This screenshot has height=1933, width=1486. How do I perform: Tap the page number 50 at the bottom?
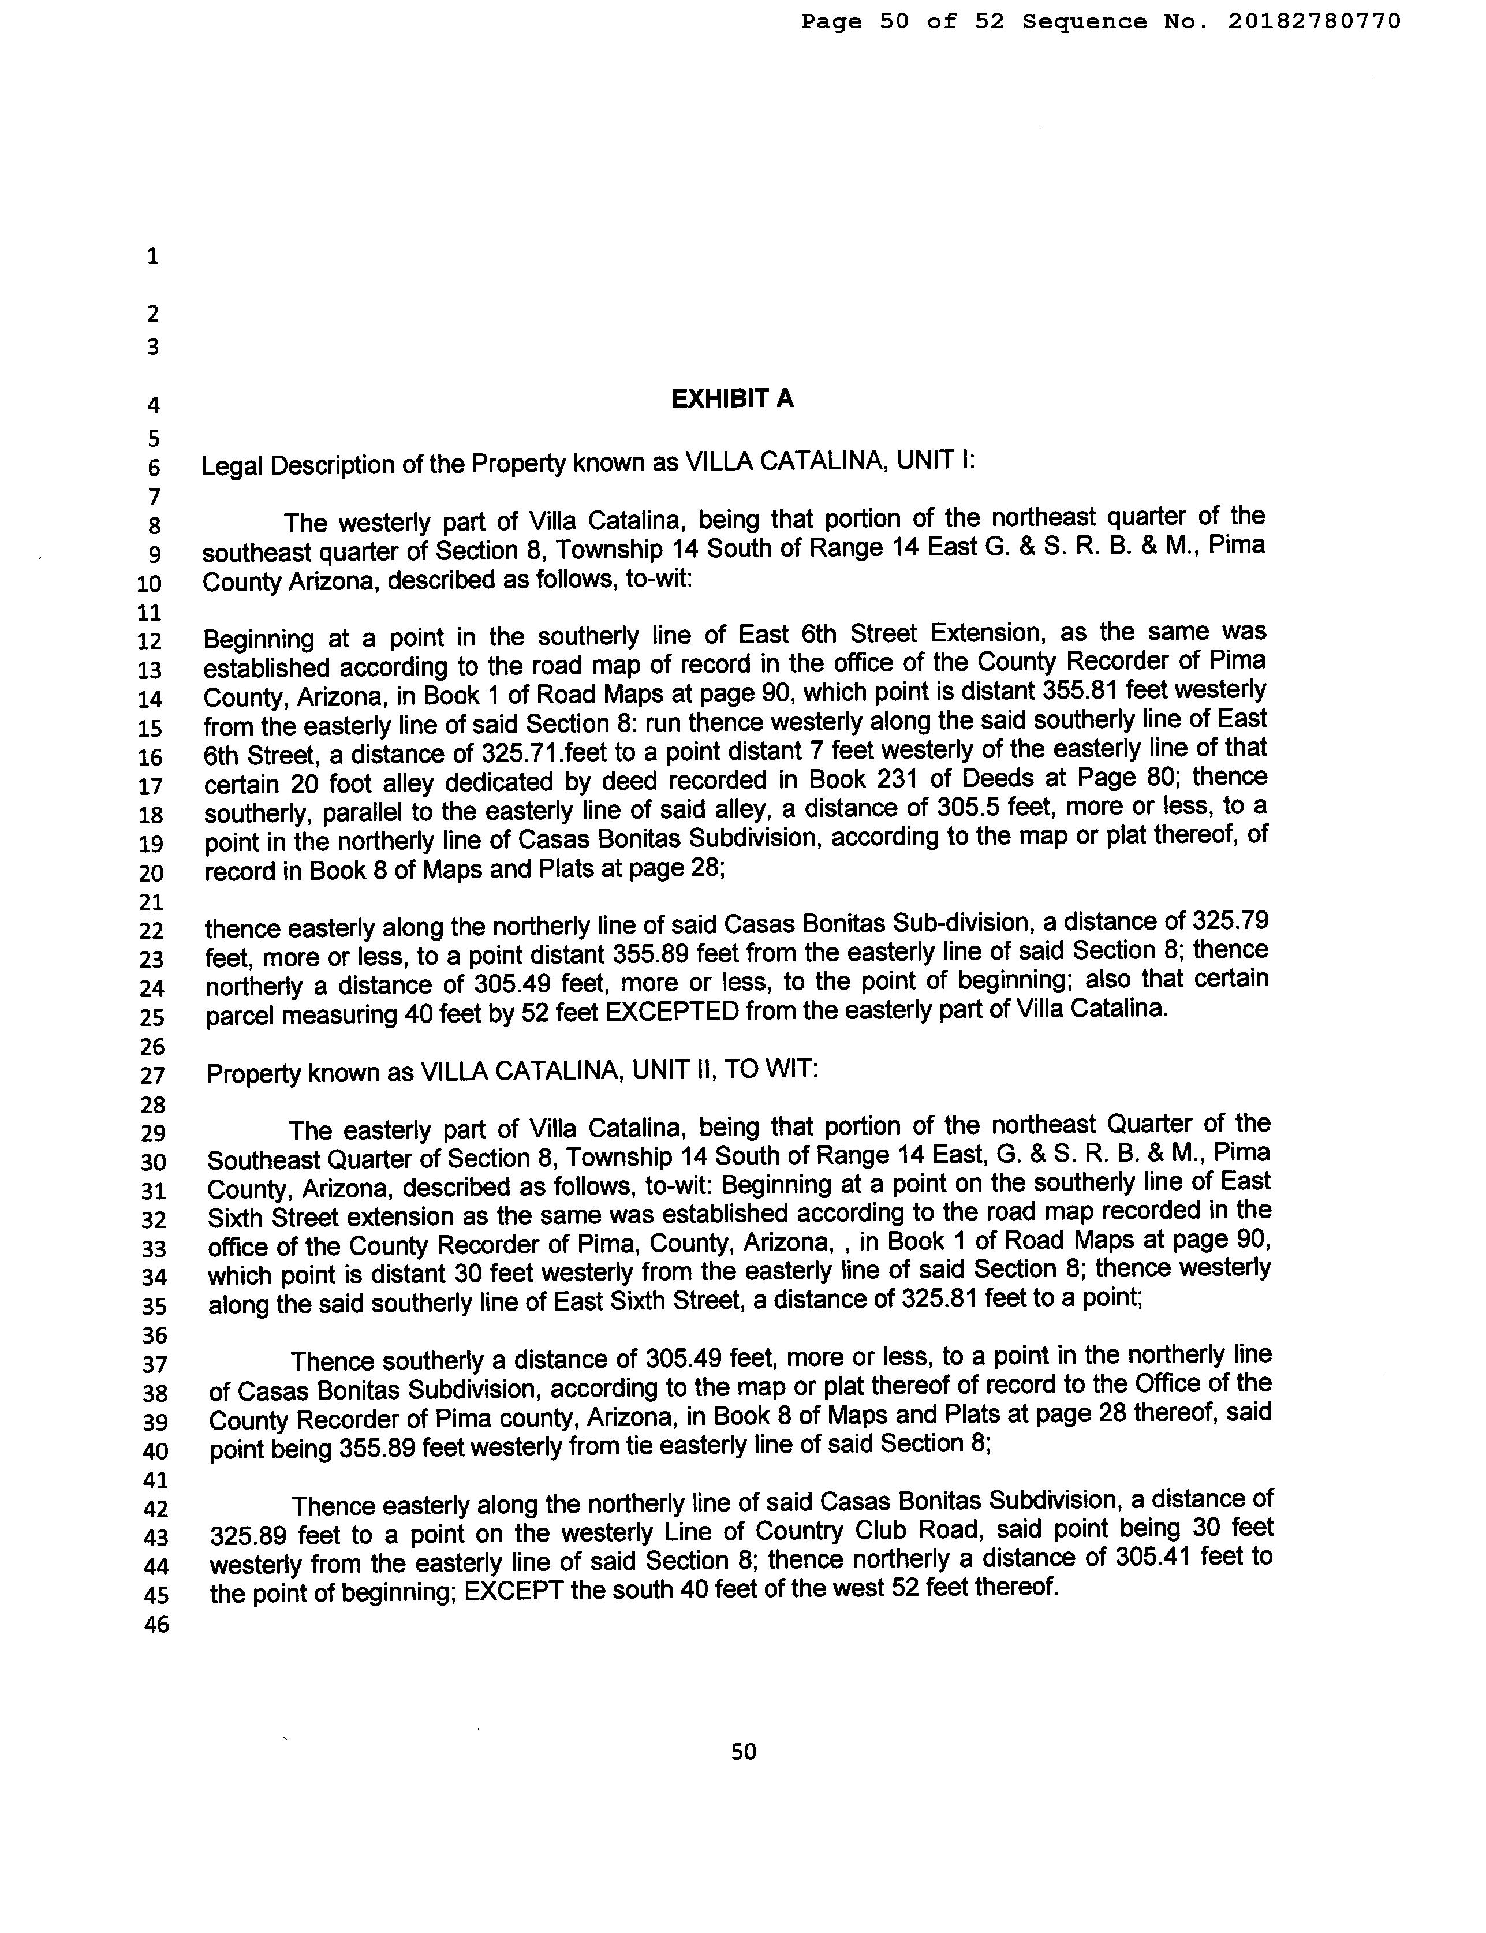(744, 1751)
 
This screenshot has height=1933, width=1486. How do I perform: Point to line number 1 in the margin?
(153, 256)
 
